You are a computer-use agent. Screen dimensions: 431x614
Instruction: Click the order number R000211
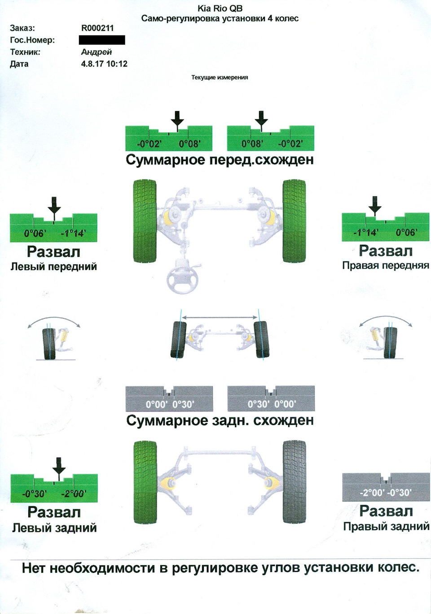(x=97, y=28)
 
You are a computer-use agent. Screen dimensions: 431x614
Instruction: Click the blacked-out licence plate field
(x=102, y=40)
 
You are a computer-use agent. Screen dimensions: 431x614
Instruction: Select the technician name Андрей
(x=96, y=52)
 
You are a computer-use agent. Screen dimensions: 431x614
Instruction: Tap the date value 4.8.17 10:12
(x=104, y=64)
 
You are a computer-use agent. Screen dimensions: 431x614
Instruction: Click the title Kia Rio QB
(x=220, y=9)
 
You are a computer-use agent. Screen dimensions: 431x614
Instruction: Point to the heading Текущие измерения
(x=220, y=77)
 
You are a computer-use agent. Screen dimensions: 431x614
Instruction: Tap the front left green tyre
(x=145, y=221)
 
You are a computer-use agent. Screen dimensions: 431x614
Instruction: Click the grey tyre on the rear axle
(x=294, y=482)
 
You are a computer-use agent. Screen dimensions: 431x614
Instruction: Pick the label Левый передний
(x=53, y=266)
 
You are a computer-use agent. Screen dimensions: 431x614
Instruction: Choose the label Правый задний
(x=386, y=526)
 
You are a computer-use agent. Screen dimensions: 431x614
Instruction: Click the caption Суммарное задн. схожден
(x=220, y=420)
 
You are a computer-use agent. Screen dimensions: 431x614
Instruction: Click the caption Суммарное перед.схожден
(x=220, y=160)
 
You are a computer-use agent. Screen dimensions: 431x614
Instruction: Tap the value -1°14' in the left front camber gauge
(x=73, y=233)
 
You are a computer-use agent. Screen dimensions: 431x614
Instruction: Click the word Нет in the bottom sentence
(x=33, y=568)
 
